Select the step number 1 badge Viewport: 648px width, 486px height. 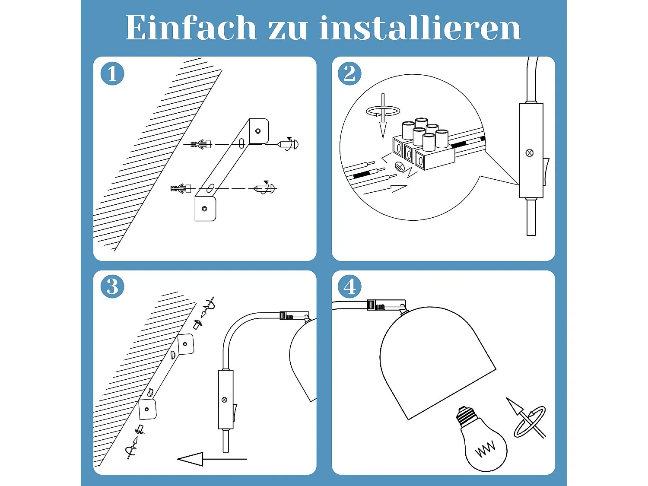click(x=112, y=73)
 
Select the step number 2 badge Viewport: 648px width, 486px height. click(x=349, y=73)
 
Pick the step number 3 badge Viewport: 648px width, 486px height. click(x=112, y=286)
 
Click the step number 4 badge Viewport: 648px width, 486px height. click(x=349, y=286)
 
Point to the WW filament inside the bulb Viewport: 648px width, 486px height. click(x=486, y=449)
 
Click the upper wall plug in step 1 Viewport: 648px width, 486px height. click(x=201, y=144)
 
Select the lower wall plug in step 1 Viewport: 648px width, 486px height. click(x=181, y=189)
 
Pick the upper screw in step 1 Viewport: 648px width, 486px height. click(x=288, y=144)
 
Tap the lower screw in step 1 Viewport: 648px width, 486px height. click(x=265, y=188)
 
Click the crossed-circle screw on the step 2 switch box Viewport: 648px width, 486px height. click(x=530, y=153)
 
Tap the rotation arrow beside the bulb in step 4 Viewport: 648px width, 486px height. click(x=527, y=419)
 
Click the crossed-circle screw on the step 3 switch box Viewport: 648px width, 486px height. click(x=224, y=400)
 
